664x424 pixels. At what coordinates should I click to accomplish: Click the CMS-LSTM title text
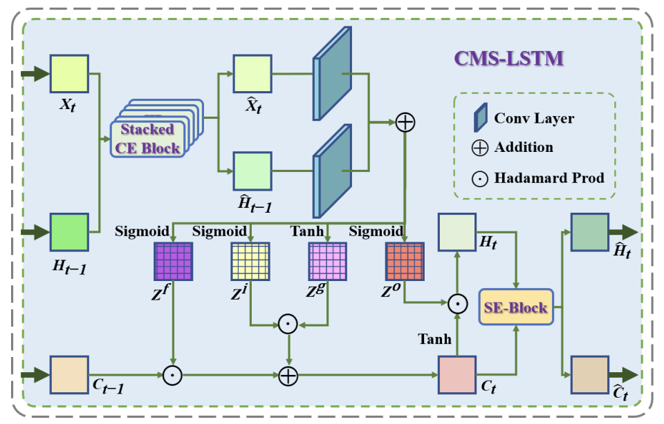pyautogui.click(x=508, y=57)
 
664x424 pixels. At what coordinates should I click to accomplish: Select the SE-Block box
pyautogui.click(x=515, y=307)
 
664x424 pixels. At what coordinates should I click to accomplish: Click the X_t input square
pyautogui.click(x=69, y=74)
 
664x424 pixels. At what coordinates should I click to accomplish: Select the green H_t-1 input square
pyautogui.click(x=69, y=232)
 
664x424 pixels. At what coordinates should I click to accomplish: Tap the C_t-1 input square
pyautogui.click(x=69, y=376)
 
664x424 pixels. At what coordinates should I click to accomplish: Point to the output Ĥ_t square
pyautogui.click(x=589, y=232)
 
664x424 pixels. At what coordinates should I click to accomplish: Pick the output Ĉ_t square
pyautogui.click(x=589, y=376)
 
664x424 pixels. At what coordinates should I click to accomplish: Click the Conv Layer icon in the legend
pyautogui.click(x=480, y=118)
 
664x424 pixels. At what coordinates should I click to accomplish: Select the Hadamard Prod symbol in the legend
pyautogui.click(x=479, y=178)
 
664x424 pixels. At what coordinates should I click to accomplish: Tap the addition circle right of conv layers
pyautogui.click(x=405, y=123)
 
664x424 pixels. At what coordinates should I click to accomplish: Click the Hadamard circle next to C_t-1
pyautogui.click(x=172, y=376)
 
